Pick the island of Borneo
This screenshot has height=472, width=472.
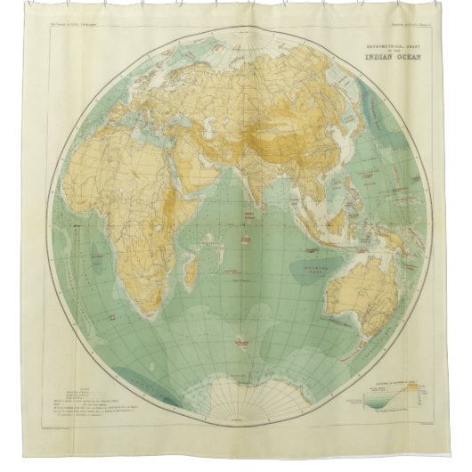(338, 202)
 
